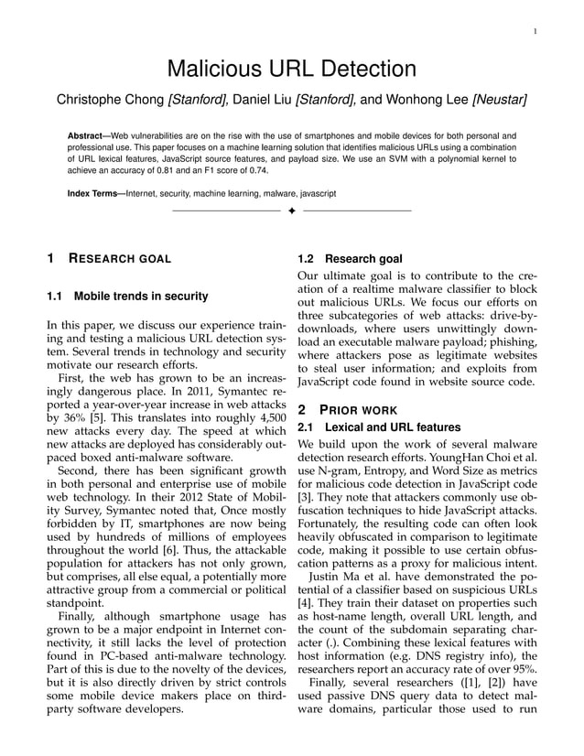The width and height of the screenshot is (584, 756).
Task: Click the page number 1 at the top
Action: coord(534,33)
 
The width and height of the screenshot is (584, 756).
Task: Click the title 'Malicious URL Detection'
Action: coord(291,69)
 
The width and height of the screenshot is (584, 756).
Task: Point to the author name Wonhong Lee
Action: coord(422,99)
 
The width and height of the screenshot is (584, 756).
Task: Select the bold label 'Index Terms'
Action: coord(94,194)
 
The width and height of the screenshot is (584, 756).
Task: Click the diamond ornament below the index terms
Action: coord(291,213)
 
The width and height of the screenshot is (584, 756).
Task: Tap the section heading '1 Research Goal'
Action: coord(110,259)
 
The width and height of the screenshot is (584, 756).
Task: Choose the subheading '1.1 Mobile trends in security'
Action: coord(127,296)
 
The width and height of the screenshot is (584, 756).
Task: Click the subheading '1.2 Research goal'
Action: coord(351,259)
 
